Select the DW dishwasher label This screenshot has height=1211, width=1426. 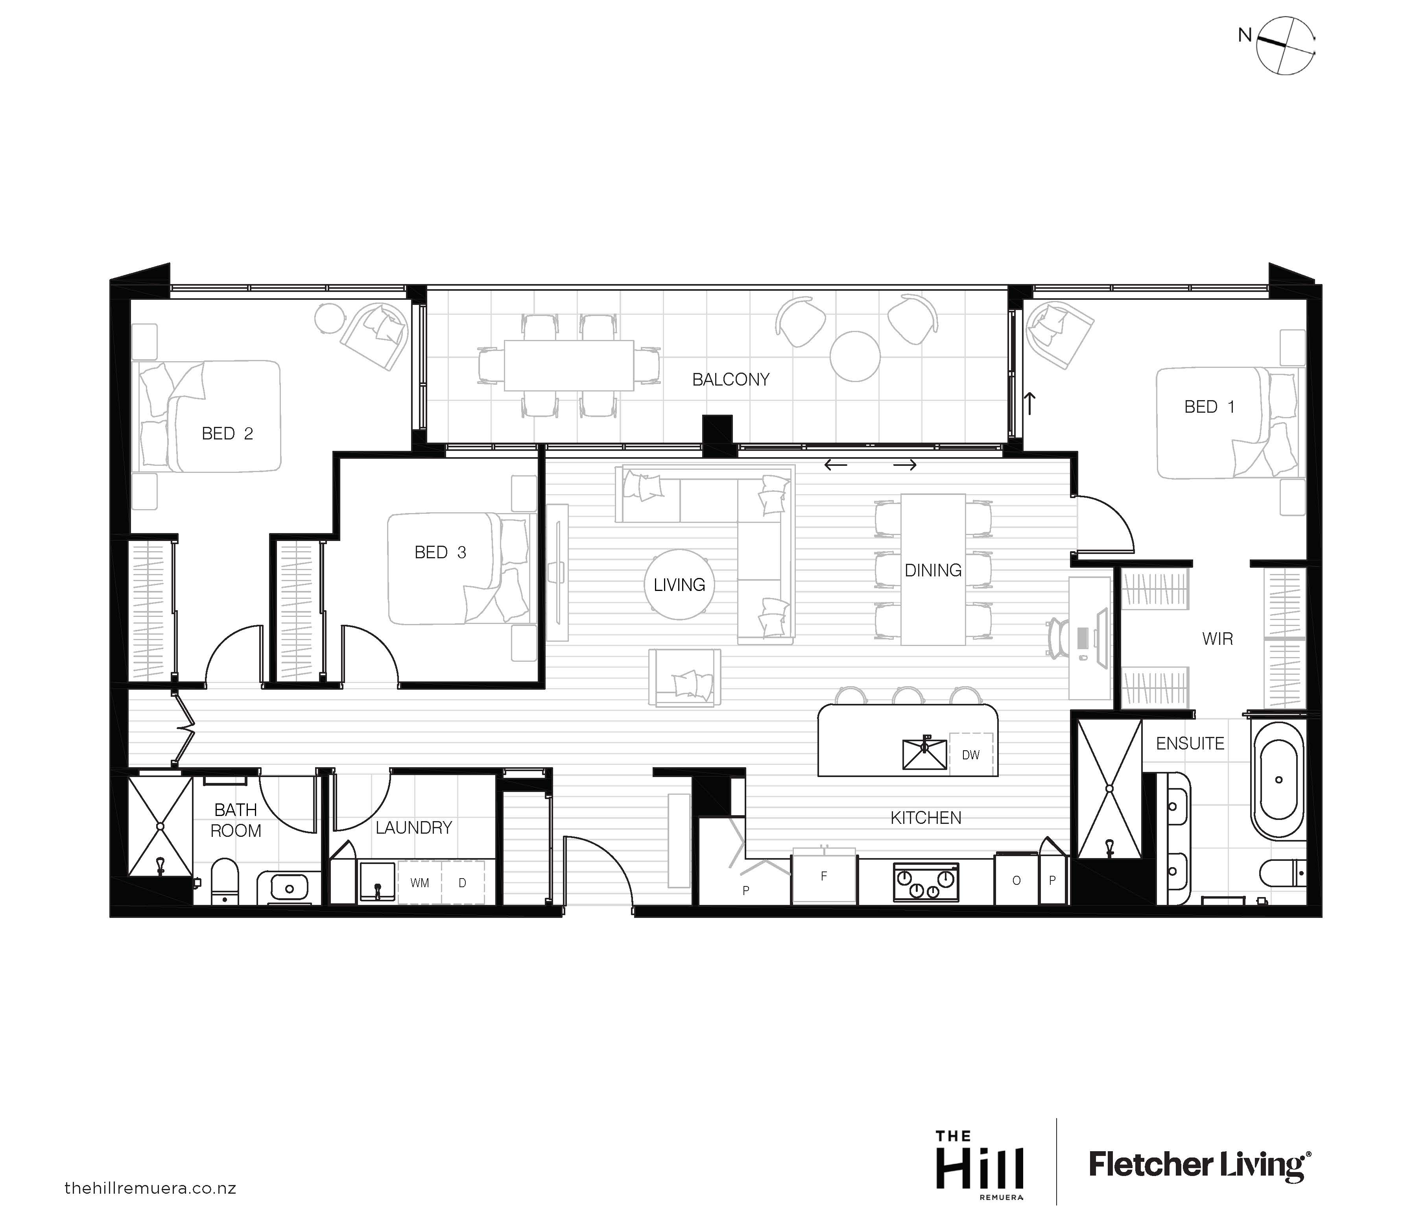970,755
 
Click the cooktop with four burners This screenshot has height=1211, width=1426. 926,881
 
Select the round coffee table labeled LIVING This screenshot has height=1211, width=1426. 679,584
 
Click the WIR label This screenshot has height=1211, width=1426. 1218,639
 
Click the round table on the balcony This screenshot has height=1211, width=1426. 854,356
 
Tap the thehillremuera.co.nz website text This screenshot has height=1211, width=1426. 150,1188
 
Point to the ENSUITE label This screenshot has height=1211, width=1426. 1190,744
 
